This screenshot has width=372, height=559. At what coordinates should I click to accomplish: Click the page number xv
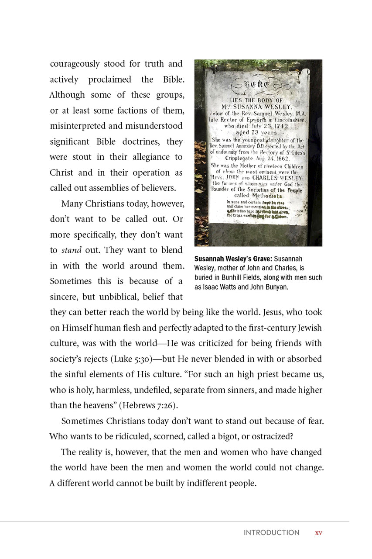tap(318, 533)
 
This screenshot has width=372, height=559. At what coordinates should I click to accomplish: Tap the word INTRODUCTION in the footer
tap(271, 533)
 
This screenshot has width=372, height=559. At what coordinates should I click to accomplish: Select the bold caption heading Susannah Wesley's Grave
tap(233, 259)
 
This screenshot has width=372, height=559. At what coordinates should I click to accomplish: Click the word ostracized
tap(263, 436)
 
